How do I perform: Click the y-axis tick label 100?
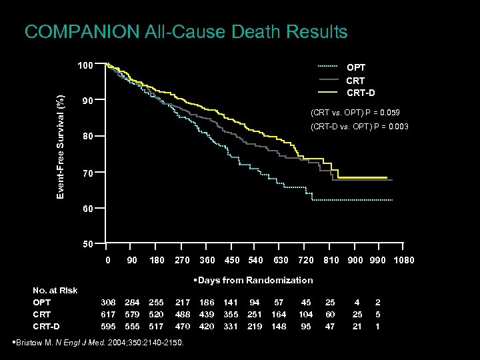(x=84, y=66)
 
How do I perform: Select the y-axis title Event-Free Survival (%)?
(x=61, y=147)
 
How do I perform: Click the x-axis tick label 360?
(x=207, y=260)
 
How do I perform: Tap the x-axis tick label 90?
(x=132, y=260)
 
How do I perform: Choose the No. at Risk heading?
(x=55, y=290)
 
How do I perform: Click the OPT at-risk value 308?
(x=108, y=302)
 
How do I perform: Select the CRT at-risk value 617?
(x=108, y=314)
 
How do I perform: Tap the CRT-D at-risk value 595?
(x=108, y=326)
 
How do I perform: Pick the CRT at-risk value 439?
(x=207, y=314)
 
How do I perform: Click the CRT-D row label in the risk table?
(x=46, y=326)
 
